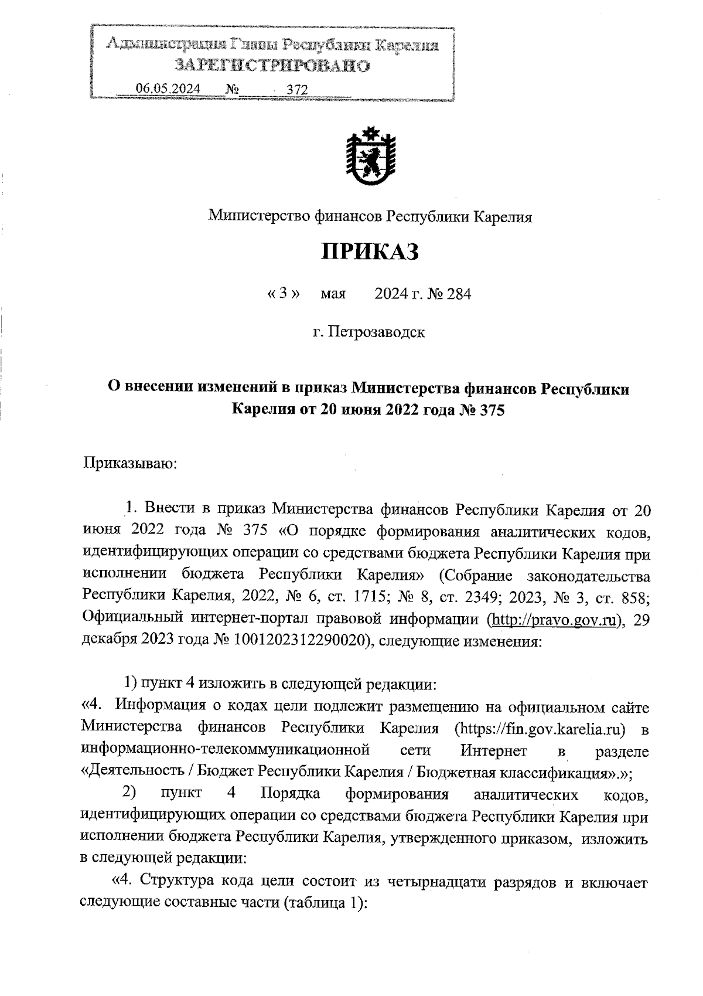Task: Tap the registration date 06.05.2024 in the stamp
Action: click(x=168, y=88)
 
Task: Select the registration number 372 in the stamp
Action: click(x=297, y=89)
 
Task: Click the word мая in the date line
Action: click(x=333, y=294)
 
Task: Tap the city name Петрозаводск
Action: click(x=376, y=332)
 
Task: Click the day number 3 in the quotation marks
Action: click(x=284, y=293)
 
